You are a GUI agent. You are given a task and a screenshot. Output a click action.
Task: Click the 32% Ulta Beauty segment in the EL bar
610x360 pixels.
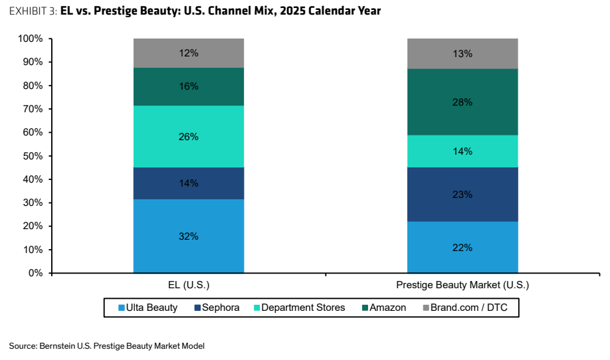189,236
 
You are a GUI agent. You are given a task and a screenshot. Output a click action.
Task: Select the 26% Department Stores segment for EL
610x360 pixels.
189,136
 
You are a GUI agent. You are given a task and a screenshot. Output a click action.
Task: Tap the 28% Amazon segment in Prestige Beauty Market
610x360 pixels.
462,102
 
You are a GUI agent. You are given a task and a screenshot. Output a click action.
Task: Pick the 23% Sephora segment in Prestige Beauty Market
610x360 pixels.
462,195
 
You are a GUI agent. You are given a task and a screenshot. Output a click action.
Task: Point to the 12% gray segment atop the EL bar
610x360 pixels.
189,53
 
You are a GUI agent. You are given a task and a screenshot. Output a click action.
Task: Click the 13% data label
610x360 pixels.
462,54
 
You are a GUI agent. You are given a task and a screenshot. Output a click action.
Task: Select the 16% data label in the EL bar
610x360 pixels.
189,86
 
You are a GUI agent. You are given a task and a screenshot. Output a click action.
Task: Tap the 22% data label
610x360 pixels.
462,248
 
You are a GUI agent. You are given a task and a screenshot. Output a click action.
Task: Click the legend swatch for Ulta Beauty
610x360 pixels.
122,308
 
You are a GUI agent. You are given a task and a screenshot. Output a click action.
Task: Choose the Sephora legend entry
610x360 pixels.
217,308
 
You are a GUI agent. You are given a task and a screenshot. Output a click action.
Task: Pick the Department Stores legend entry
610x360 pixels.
300,308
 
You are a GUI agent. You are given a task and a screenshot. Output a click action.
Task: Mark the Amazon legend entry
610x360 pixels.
384,308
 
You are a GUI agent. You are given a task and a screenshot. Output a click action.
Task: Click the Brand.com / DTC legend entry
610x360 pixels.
465,308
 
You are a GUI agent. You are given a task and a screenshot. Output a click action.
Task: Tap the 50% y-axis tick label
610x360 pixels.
33,156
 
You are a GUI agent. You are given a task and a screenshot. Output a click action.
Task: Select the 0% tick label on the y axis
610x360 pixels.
35,273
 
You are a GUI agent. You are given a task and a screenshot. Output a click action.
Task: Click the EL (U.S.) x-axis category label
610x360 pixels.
189,285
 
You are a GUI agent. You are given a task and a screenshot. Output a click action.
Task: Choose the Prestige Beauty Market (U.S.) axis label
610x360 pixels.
462,285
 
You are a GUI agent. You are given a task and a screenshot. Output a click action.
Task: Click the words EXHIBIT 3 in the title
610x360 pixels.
33,11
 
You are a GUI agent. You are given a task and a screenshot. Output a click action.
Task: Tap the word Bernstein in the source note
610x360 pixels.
57,346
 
